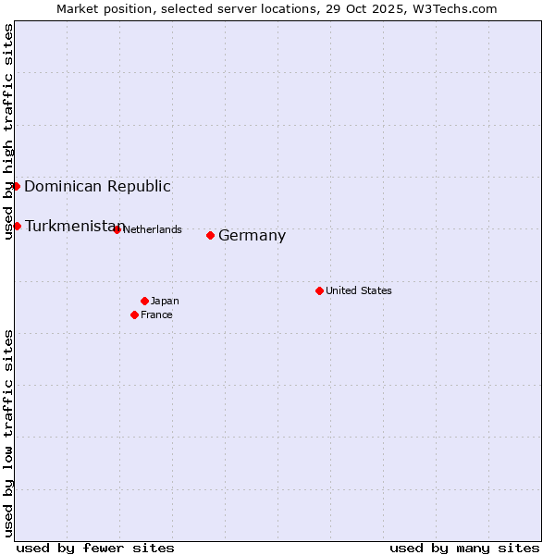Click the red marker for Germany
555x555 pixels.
210,235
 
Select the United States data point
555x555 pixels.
319,290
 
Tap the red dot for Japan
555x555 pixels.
144,301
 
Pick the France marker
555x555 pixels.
134,314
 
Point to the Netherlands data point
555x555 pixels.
117,229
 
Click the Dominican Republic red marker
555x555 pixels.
16,186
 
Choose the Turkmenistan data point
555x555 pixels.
17,226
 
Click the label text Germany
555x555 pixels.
252,236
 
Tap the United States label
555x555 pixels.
358,290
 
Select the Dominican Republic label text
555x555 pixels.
97,186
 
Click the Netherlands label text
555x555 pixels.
153,229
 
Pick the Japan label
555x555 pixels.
165,301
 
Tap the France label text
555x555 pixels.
156,314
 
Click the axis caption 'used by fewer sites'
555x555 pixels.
95,548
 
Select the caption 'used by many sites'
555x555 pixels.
464,548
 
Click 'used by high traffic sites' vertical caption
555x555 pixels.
8,131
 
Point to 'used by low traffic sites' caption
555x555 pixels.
8,433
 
